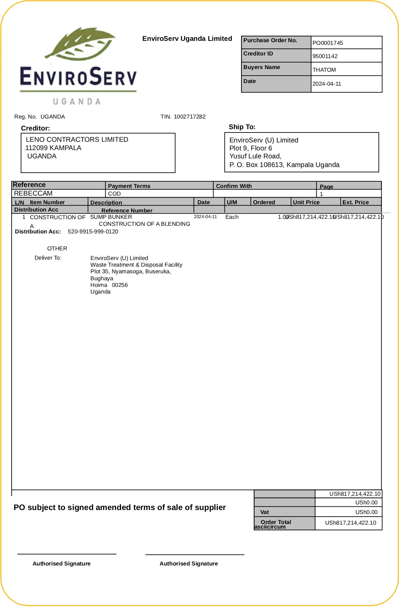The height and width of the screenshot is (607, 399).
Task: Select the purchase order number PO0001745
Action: (328, 43)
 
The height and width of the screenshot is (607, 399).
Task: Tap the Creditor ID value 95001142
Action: (325, 56)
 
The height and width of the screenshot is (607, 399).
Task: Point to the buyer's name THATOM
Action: (324, 70)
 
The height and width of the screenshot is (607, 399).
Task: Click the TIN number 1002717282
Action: (190, 117)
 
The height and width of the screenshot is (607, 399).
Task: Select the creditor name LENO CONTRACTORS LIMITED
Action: (77, 139)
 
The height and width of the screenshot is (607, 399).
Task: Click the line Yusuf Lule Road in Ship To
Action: (255, 156)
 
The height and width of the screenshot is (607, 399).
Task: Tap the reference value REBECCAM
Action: (33, 193)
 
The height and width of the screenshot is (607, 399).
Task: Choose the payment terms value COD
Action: (114, 194)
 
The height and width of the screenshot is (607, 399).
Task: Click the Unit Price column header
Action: (306, 202)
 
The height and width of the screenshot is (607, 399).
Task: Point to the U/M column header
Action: (232, 202)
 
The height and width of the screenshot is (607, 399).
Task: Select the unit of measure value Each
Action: (232, 217)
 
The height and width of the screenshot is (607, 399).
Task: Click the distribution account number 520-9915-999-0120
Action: (93, 231)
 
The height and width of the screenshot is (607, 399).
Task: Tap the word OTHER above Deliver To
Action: (57, 248)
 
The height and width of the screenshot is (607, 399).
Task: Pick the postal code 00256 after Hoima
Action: (120, 285)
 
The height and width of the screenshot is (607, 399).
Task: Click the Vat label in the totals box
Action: (264, 512)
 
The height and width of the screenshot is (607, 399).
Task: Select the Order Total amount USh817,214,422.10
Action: (350, 523)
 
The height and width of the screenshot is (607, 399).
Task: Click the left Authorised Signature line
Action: (67, 554)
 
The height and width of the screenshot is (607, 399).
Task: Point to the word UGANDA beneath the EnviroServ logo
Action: (77, 102)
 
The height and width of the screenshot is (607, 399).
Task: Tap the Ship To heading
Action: (242, 127)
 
